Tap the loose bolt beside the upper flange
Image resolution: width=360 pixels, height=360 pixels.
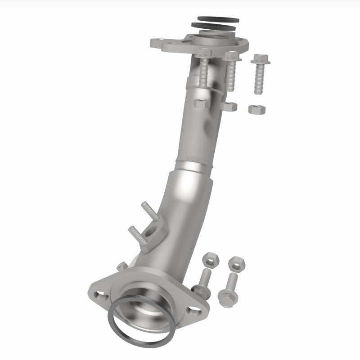pyautogui.click(x=259, y=74)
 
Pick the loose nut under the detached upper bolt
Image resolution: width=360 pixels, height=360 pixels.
pyautogui.click(x=257, y=109)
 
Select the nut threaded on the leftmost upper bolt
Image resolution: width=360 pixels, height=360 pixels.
pyautogui.click(x=201, y=103)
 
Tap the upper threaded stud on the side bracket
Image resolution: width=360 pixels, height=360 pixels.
pyautogui.click(x=148, y=211)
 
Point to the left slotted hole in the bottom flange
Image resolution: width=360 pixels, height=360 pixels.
pyautogui.click(x=100, y=295)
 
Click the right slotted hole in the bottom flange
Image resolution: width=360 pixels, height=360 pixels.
pyautogui.click(x=193, y=310)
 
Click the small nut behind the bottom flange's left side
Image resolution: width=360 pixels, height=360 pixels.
pyautogui.click(x=121, y=266)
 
